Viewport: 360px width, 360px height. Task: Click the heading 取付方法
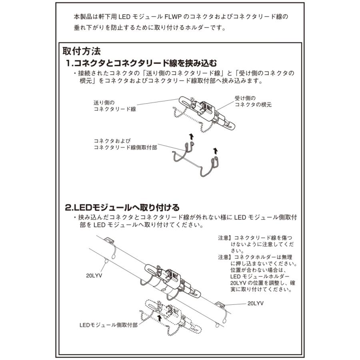click(84, 52)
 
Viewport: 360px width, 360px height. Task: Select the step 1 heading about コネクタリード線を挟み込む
click(142, 63)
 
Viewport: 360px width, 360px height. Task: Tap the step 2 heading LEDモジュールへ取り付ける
click(122, 208)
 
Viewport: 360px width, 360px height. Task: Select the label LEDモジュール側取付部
click(108, 325)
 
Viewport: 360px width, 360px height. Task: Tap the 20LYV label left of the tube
click(94, 276)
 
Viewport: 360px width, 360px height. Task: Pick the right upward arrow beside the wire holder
click(216, 150)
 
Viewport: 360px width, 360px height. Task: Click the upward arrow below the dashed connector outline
click(160, 318)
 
